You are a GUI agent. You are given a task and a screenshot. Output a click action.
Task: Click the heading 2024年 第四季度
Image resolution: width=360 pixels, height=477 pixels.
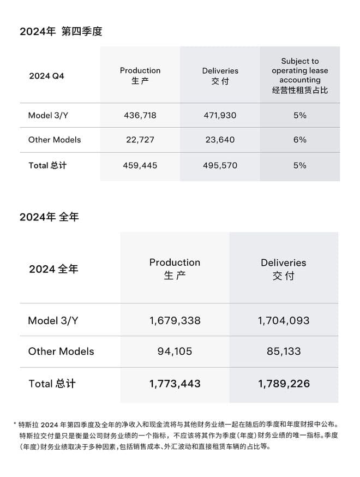[x=61, y=32]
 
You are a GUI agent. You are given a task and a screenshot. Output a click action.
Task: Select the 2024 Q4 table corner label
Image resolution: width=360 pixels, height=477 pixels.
[x=46, y=76]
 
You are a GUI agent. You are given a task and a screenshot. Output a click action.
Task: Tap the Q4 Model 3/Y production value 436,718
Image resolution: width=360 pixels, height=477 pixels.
[x=140, y=116]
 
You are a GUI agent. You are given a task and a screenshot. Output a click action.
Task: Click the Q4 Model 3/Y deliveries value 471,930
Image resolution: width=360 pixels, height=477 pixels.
[x=220, y=116]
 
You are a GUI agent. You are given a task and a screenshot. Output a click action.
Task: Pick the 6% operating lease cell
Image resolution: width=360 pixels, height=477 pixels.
[x=299, y=140]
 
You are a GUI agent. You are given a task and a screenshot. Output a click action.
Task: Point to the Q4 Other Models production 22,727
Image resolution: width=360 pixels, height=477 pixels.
[x=140, y=140]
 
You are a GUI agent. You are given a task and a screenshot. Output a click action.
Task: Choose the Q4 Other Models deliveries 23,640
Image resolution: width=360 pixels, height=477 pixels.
[x=220, y=140]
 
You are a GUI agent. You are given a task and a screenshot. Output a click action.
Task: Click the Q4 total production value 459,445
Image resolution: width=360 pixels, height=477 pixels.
[x=140, y=165]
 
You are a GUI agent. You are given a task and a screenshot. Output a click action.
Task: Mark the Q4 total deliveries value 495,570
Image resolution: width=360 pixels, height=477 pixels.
[x=220, y=165]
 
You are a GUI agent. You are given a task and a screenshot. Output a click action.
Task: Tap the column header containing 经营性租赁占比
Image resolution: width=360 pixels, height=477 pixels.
[x=299, y=75]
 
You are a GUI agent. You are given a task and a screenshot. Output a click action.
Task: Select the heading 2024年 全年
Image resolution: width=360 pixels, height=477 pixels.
[x=49, y=217]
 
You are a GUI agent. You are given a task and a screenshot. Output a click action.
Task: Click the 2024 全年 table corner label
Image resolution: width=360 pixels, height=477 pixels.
[x=53, y=269]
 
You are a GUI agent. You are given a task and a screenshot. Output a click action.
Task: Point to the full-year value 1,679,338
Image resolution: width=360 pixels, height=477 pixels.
[x=175, y=321]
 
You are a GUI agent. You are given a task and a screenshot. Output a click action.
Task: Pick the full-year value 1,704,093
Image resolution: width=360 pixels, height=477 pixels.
[x=284, y=321]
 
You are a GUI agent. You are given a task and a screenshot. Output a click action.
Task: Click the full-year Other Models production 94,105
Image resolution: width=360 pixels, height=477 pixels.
[x=175, y=351]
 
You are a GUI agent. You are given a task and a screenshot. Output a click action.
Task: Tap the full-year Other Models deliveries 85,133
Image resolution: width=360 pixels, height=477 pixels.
[x=284, y=351]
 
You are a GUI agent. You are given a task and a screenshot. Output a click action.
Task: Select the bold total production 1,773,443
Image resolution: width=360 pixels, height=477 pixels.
[x=175, y=384]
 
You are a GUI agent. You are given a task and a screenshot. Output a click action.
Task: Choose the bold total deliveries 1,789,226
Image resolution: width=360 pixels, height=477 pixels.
[x=284, y=384]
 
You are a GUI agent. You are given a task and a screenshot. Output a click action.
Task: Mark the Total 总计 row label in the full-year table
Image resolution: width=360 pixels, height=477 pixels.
[x=52, y=384]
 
